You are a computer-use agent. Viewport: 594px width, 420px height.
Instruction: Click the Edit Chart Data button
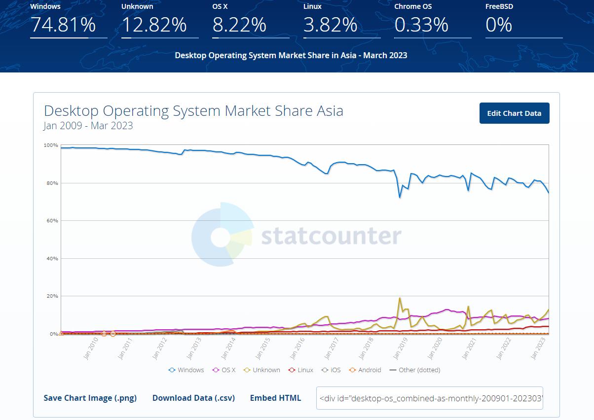[514, 113]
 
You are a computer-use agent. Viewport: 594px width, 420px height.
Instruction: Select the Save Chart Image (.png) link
[90, 398]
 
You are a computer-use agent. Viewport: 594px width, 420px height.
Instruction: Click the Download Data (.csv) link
[193, 398]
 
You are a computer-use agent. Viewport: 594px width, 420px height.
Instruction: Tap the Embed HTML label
[275, 398]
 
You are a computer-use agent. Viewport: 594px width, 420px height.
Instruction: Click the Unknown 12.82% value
[154, 24]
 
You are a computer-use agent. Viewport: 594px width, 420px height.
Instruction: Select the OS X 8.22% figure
[239, 24]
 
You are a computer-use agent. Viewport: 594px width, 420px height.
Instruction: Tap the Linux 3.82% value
[330, 24]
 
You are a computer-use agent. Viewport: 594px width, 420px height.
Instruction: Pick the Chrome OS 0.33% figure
[421, 24]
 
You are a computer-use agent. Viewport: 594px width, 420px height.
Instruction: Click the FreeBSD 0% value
[499, 24]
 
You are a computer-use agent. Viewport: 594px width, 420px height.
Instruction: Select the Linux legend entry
[301, 370]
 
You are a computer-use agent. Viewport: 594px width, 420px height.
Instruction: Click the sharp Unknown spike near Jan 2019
[400, 298]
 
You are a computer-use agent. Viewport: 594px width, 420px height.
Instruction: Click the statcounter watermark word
[331, 236]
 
